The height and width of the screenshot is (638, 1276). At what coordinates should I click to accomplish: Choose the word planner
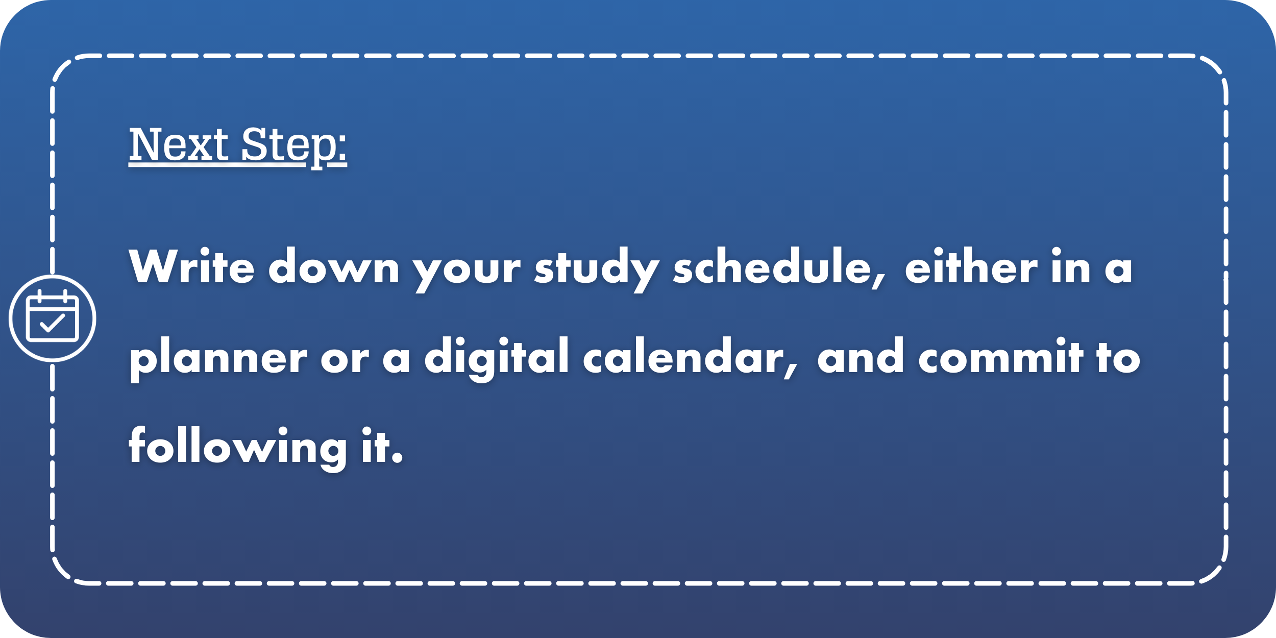click(x=218, y=359)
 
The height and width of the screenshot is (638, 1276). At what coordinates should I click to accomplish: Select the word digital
click(x=496, y=359)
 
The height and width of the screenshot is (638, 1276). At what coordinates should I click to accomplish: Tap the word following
click(x=238, y=449)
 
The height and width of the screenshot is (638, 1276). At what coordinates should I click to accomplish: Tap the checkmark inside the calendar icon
click(x=53, y=323)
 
